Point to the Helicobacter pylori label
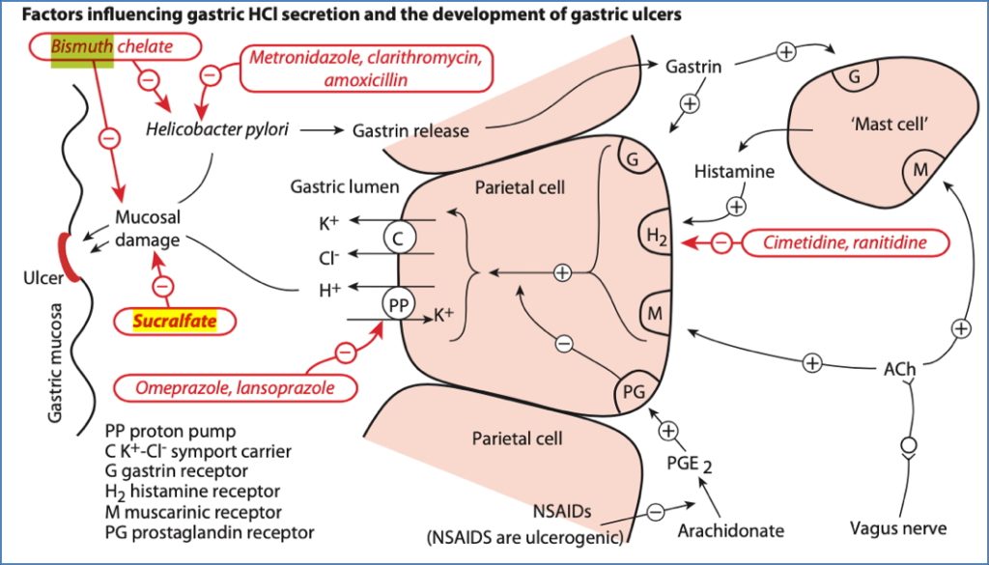tap(218, 128)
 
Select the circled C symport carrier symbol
tap(398, 236)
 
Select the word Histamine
tap(734, 171)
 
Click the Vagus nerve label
tap(898, 528)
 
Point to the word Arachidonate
tap(730, 530)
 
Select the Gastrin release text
tap(410, 128)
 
